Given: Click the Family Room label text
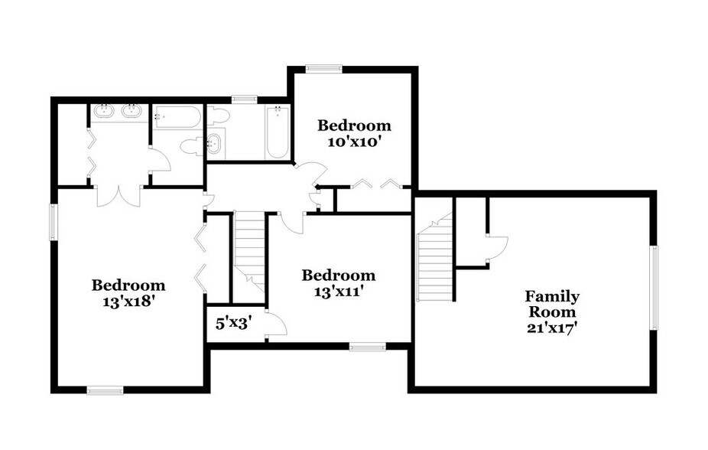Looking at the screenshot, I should point(551,304).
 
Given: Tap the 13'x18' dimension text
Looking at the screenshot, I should point(128,301).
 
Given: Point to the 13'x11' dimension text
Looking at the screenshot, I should point(338,291).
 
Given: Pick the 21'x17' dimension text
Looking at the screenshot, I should point(550,327).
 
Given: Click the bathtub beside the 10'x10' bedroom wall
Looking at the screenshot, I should point(277,132).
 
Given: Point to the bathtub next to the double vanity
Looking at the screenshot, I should point(177,117).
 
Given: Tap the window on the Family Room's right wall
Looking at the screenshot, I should point(653,288).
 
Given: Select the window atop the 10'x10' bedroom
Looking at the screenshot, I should point(323,69).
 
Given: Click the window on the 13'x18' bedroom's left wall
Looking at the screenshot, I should point(54,222).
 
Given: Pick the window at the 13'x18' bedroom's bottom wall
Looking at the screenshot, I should point(105,390).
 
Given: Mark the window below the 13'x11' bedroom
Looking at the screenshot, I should point(368,347).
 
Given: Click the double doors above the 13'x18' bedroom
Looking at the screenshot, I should point(119,194).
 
